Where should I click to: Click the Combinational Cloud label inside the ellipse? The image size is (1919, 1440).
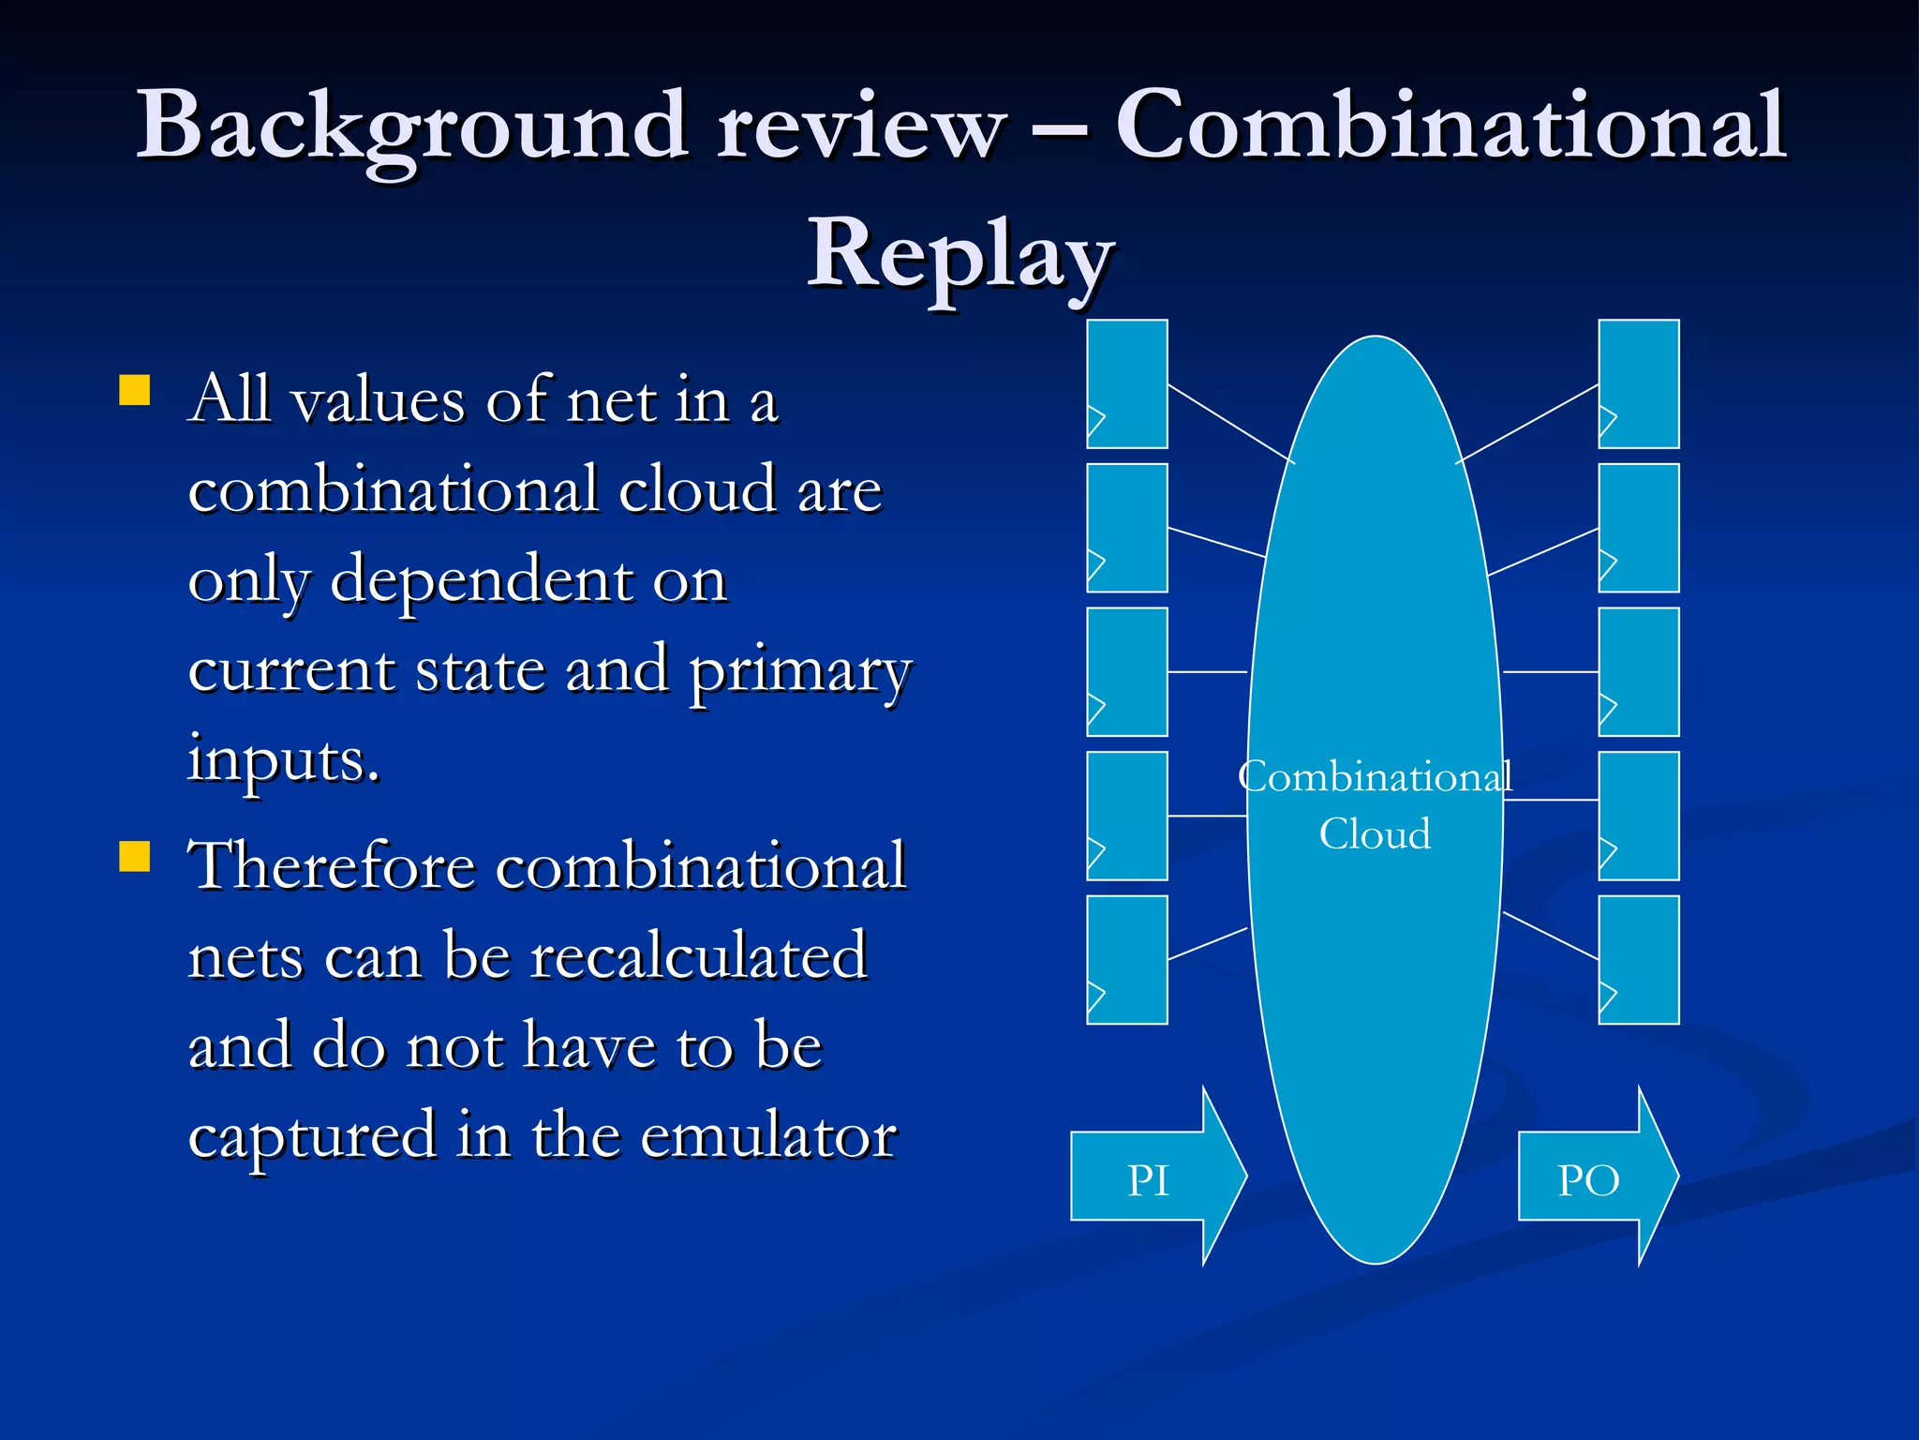[x=1375, y=804]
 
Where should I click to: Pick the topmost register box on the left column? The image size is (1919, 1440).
[x=1126, y=383]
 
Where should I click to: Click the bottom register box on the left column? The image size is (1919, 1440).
[x=1126, y=959]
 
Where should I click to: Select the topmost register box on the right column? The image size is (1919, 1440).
[x=1638, y=383]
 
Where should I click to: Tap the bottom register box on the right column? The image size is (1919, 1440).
[x=1638, y=959]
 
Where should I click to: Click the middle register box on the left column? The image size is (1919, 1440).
[x=1126, y=671]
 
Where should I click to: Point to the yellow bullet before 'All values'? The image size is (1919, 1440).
[x=135, y=390]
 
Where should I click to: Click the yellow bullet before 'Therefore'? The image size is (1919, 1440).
[x=135, y=856]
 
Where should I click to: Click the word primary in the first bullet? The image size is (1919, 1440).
[x=800, y=671]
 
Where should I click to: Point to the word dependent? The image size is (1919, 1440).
[x=482, y=580]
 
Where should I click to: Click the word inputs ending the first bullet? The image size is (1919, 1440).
[x=283, y=759]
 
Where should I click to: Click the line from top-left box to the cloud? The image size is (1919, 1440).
[x=1229, y=423]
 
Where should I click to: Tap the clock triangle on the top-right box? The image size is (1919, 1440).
[x=1607, y=421]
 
